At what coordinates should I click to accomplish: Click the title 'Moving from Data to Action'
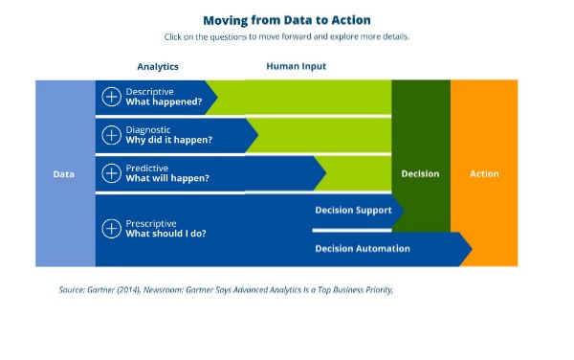pyautogui.click(x=287, y=19)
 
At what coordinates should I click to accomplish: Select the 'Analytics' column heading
pyautogui.click(x=158, y=67)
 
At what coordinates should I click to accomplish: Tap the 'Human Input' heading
pyautogui.click(x=296, y=67)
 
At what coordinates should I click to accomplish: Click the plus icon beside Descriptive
pyautogui.click(x=111, y=96)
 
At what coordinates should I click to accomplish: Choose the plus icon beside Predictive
pyautogui.click(x=111, y=172)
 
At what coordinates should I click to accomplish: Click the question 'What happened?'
pyautogui.click(x=164, y=101)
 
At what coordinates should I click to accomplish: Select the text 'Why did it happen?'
pyautogui.click(x=169, y=140)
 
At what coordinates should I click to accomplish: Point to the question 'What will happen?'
pyautogui.click(x=167, y=178)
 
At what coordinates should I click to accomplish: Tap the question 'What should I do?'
pyautogui.click(x=166, y=234)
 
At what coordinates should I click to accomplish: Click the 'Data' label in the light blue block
pyautogui.click(x=63, y=174)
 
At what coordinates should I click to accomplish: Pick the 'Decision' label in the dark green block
pyautogui.click(x=420, y=174)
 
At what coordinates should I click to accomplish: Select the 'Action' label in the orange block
pyautogui.click(x=484, y=174)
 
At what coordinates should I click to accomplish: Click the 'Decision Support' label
pyautogui.click(x=353, y=211)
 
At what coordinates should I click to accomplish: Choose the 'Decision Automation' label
pyautogui.click(x=362, y=249)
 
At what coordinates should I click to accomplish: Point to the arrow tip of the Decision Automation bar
pyautogui.click(x=469, y=249)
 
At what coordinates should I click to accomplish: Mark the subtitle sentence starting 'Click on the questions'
pyautogui.click(x=287, y=37)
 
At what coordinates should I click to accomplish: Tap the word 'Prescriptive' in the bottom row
pyautogui.click(x=151, y=223)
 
